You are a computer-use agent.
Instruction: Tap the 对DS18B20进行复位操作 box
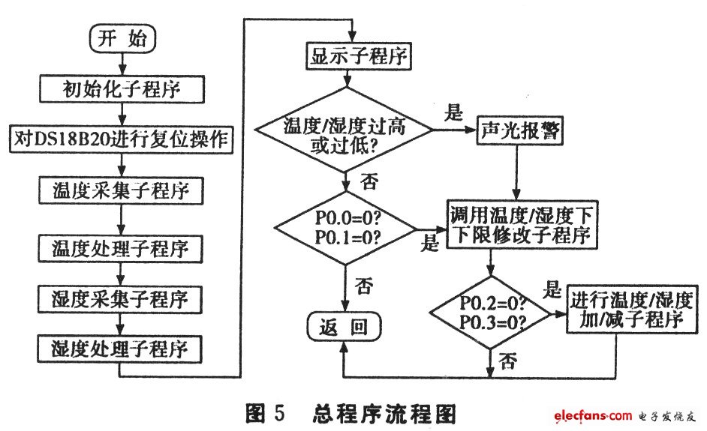pos(122,139)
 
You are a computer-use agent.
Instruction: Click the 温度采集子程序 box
pos(122,190)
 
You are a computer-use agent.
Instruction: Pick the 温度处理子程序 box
pos(122,247)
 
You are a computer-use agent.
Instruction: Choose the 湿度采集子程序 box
pos(122,298)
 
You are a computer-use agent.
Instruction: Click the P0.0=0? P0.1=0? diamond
pos(346,226)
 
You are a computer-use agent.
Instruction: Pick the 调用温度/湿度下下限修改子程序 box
pos(522,225)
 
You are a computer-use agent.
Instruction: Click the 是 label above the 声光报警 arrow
pos(455,114)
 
